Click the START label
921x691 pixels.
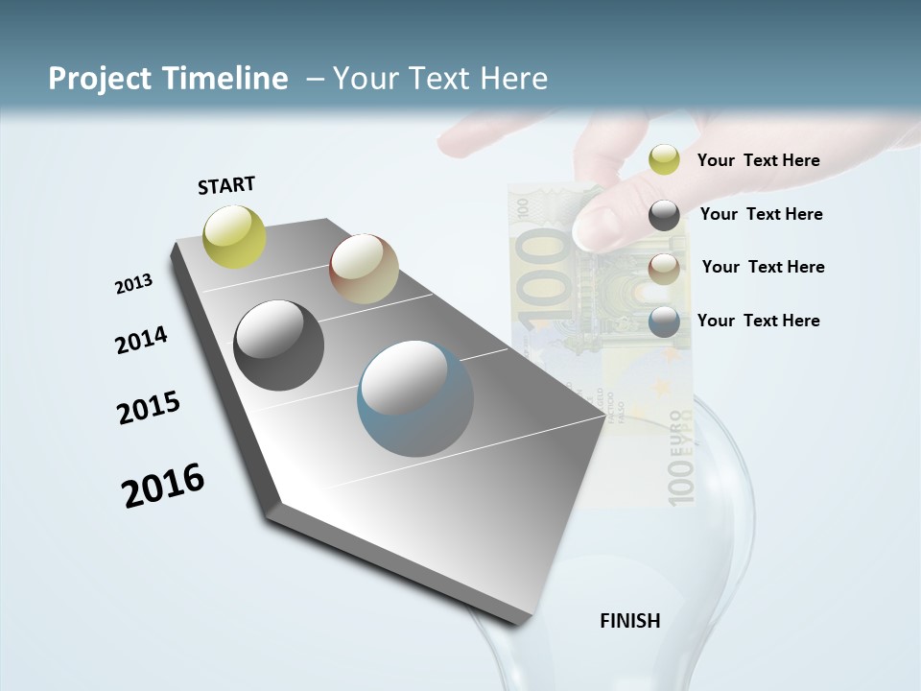(227, 185)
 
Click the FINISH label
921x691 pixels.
(630, 621)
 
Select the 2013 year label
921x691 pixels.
(134, 284)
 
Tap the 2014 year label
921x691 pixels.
(142, 340)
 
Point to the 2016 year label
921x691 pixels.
(164, 485)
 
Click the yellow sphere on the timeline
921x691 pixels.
(235, 236)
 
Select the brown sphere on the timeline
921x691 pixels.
(364, 269)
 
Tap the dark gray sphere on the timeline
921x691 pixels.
(279, 345)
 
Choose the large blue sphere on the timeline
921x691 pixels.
(415, 398)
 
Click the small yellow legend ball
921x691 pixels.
(664, 159)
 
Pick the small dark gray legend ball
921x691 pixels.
(664, 216)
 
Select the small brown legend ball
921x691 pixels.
(664, 269)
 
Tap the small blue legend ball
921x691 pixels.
(664, 322)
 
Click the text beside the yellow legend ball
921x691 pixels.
(758, 160)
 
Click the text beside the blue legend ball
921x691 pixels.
(758, 321)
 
